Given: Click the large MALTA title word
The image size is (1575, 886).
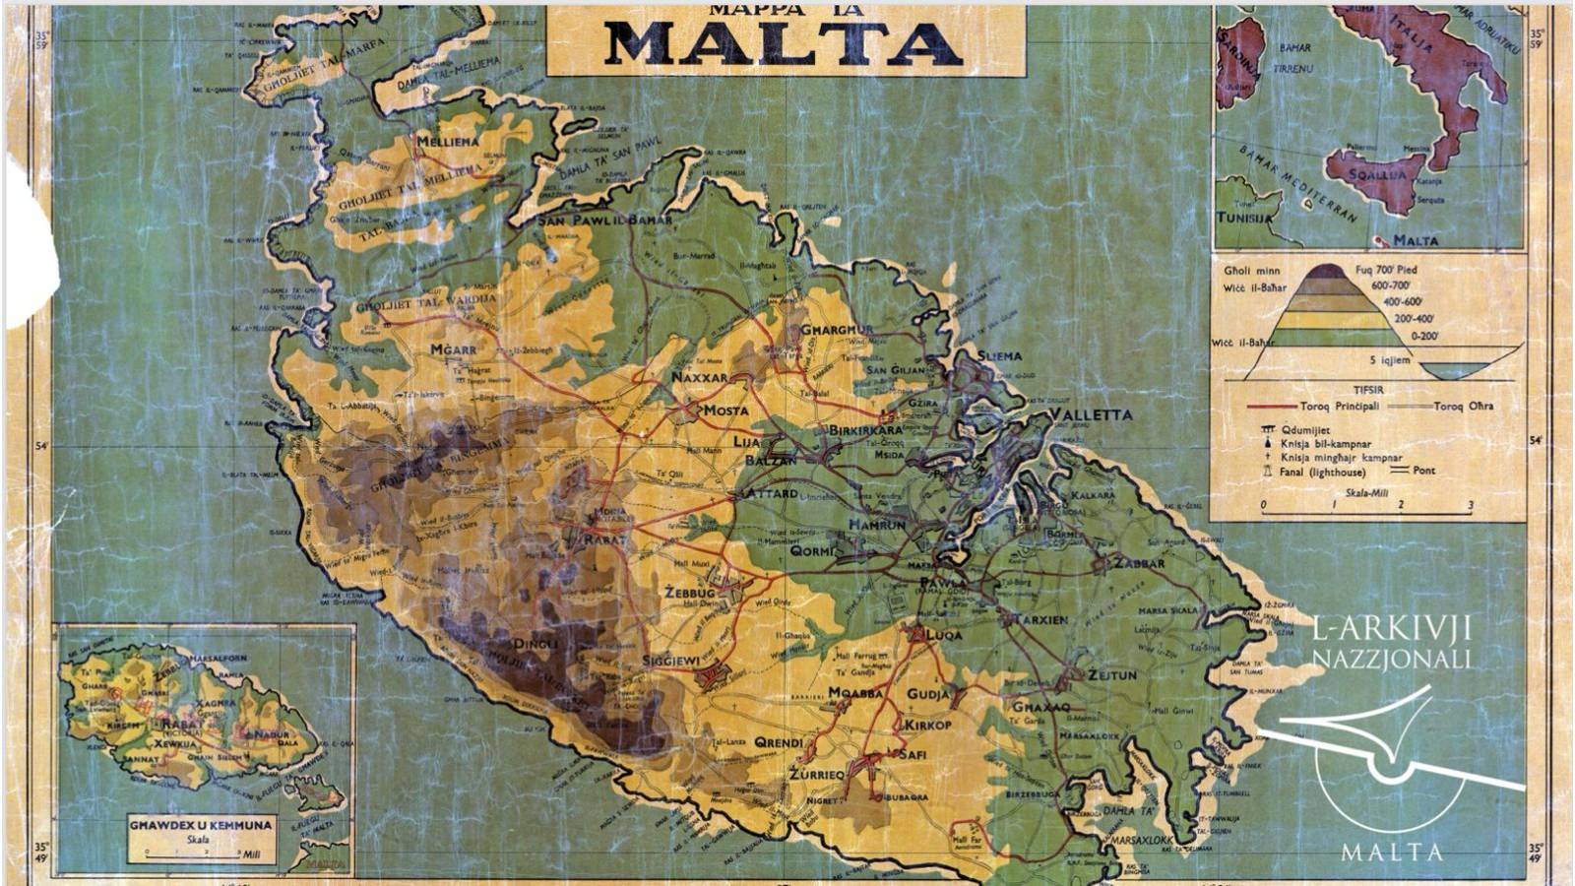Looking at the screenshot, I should [785, 42].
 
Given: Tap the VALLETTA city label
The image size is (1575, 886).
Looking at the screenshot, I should [1091, 414].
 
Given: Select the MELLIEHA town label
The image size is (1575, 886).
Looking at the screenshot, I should [448, 142].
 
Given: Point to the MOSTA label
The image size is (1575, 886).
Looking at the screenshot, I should [724, 411].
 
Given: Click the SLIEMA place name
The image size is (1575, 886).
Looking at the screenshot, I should [999, 355].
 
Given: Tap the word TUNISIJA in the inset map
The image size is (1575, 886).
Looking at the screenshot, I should [1244, 218].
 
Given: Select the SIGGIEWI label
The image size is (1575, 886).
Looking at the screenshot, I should [671, 660].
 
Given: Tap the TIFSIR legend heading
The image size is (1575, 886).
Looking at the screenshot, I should [1367, 390].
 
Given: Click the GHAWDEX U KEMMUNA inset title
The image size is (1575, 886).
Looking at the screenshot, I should [200, 825].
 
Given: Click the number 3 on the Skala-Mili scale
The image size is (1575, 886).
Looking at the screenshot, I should [1470, 506].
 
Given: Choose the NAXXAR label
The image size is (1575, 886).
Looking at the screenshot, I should [699, 377].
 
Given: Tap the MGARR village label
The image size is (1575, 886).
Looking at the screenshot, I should [453, 349].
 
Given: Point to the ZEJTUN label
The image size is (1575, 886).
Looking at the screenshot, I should [1111, 675].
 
